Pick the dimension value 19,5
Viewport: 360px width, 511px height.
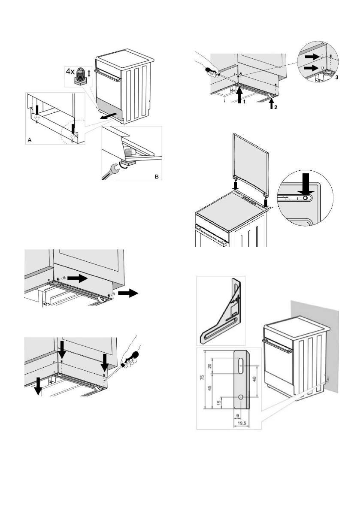[242, 423]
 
